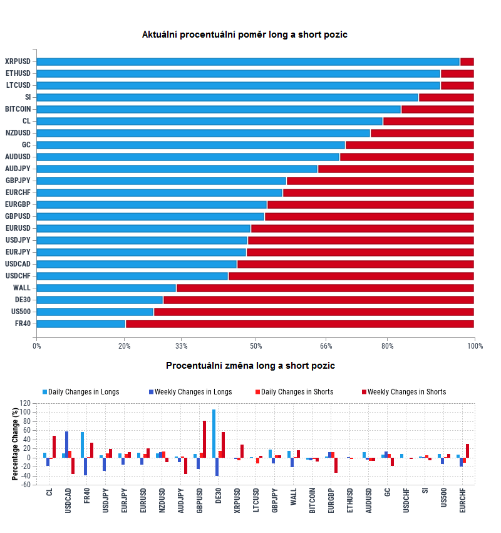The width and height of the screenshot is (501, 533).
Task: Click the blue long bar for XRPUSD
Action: click(x=248, y=61)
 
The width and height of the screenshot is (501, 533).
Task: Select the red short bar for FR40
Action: click(x=299, y=324)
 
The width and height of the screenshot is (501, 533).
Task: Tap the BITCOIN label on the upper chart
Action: click(x=18, y=109)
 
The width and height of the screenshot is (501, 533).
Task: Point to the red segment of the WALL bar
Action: click(x=325, y=288)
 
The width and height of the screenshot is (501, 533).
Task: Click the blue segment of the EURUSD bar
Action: click(x=143, y=228)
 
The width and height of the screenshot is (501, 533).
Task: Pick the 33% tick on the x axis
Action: click(x=181, y=346)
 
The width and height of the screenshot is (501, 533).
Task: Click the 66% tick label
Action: click(x=326, y=346)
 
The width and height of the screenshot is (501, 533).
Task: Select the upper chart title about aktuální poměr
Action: click(x=244, y=34)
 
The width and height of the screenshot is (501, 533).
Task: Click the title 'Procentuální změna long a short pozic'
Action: click(x=250, y=366)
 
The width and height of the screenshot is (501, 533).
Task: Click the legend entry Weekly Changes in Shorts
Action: click(x=406, y=392)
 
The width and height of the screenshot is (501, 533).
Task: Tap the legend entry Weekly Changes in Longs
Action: click(x=193, y=392)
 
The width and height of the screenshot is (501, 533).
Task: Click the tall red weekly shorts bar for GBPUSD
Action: click(x=204, y=439)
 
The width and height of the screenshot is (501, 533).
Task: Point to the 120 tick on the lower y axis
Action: click(x=25, y=403)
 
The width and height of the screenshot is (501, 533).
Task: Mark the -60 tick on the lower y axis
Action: click(x=25, y=485)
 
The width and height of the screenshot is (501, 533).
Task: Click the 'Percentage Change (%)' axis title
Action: click(x=15, y=443)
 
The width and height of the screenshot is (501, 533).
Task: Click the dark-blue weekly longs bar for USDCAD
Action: click(x=67, y=445)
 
